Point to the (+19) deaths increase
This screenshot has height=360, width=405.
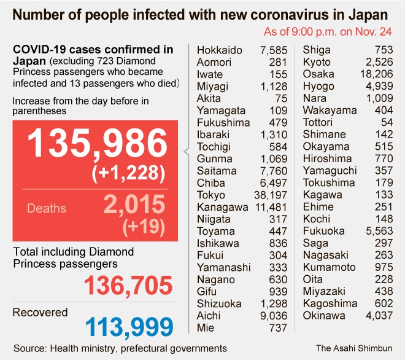[144, 227]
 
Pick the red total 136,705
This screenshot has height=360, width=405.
[128, 286]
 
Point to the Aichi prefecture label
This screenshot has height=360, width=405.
[209, 316]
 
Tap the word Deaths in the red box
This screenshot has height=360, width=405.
[46, 208]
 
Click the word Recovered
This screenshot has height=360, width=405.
[40, 313]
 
